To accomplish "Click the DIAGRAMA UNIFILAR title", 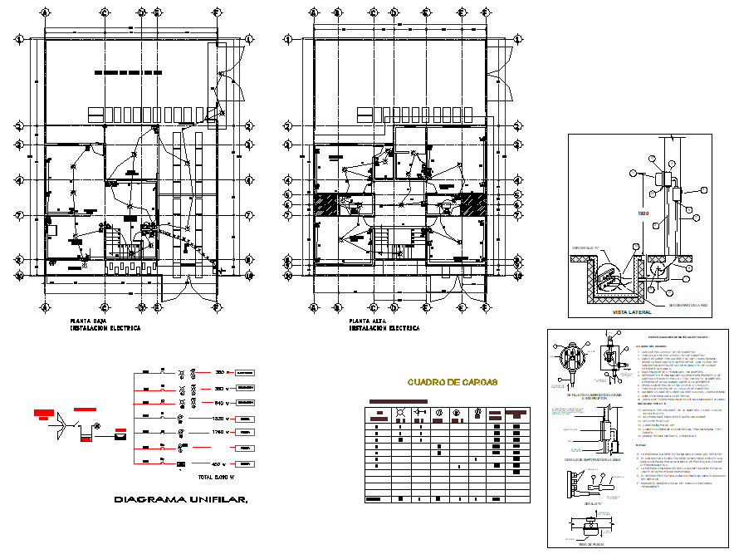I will pyautogui.click(x=181, y=499).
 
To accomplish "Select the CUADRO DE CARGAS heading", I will pyautogui.click(x=452, y=382).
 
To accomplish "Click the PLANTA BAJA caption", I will pyautogui.click(x=86, y=321).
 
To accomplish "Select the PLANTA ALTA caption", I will pyautogui.click(x=365, y=321).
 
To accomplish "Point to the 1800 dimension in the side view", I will pyautogui.click(x=643, y=213).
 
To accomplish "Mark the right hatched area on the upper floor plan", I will pyautogui.click(x=473, y=205).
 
